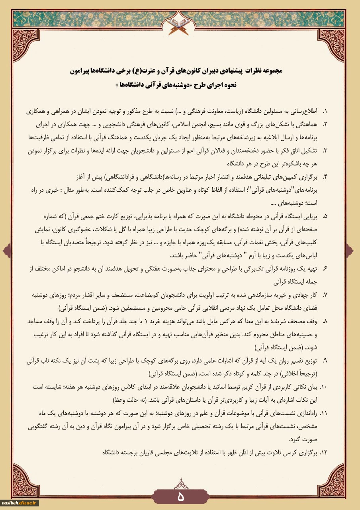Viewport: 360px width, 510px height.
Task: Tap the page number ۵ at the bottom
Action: coord(180,496)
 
